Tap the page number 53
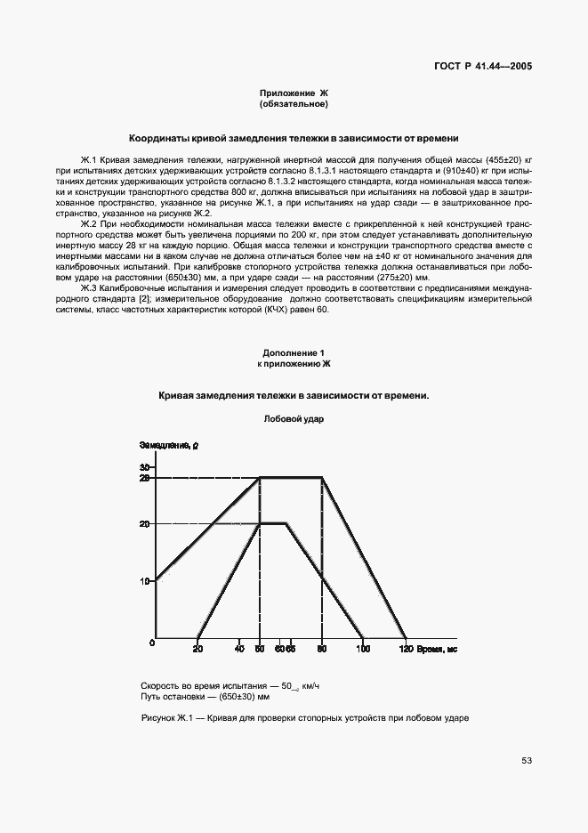tap(527, 761)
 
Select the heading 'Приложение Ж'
tap(294, 93)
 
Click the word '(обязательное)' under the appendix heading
tap(294, 104)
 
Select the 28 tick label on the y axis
tap(146, 478)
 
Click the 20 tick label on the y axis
tap(146, 524)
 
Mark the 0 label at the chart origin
tap(152, 643)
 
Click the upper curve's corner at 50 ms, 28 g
tap(259, 478)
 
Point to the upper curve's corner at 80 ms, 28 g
tap(321, 478)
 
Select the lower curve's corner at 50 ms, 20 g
tap(259, 523)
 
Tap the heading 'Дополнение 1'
tap(294, 352)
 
